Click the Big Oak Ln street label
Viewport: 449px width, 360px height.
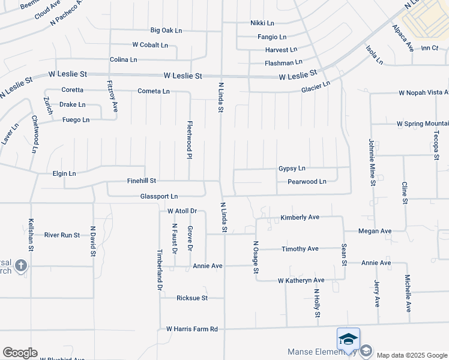[x=166, y=30]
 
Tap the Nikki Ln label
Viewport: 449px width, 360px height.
[x=262, y=23]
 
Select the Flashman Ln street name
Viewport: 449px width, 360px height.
[x=283, y=62]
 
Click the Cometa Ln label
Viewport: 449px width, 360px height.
[x=154, y=91]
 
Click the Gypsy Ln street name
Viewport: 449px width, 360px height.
[x=292, y=169]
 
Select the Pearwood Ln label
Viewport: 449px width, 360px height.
[x=307, y=181]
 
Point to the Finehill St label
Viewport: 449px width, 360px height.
[x=142, y=180]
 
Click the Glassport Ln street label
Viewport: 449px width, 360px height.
[x=159, y=196]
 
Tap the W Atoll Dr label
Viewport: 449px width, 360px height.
[x=182, y=211]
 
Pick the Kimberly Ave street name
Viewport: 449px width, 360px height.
[x=300, y=217]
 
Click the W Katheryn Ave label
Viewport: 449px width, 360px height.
[x=301, y=280]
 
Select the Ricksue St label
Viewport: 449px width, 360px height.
[x=192, y=298]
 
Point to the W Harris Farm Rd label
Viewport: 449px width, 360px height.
[x=192, y=329]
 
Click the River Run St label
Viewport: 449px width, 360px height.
[x=62, y=235]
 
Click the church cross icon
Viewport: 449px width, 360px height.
[x=20, y=266]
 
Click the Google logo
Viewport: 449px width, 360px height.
[x=20, y=353]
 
